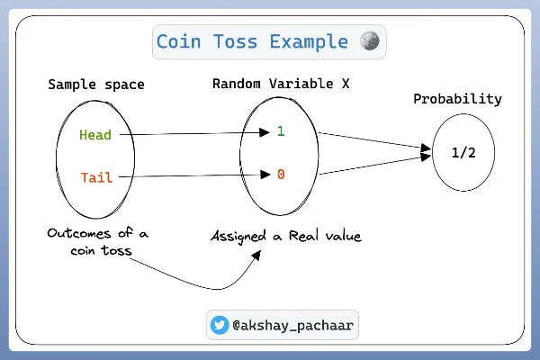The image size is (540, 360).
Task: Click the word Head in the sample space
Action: (95, 136)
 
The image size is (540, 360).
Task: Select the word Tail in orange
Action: (95, 177)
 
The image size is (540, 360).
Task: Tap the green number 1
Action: (281, 131)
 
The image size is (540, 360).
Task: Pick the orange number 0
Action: (281, 174)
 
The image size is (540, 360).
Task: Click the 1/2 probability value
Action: (463, 153)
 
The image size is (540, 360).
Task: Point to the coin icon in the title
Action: (369, 41)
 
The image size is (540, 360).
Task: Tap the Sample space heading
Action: (96, 85)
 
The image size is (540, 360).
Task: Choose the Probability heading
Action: (457, 99)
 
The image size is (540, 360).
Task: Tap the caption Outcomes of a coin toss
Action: (98, 242)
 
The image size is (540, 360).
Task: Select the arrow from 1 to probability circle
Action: (371, 140)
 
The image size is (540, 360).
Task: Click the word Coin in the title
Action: (178, 41)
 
